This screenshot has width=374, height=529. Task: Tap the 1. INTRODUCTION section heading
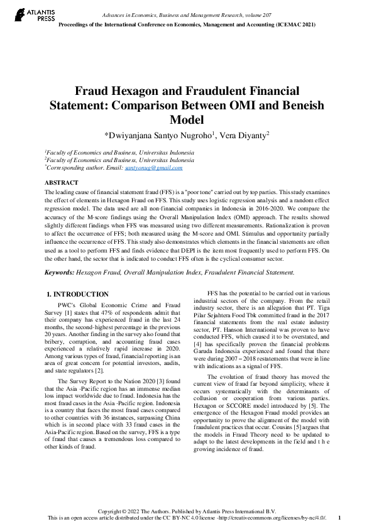78,294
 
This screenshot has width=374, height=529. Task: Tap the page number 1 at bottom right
340,518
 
